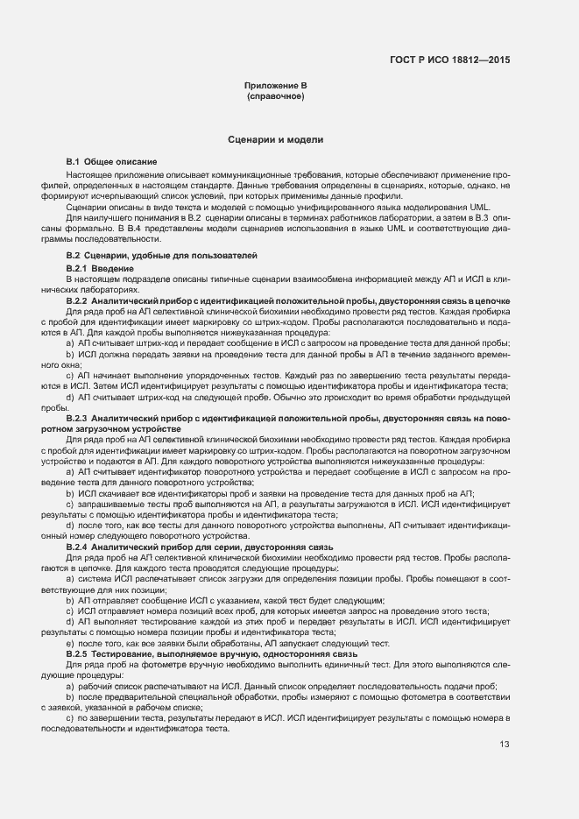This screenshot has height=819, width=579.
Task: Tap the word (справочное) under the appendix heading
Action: (276, 95)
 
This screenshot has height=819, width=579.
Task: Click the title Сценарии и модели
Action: (276, 139)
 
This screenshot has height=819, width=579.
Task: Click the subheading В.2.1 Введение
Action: (99, 267)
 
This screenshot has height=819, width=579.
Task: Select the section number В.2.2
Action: (77, 300)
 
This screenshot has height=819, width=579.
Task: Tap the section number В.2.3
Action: (77, 419)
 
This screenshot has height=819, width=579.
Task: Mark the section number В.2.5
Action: (77, 653)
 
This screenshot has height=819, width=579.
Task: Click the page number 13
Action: (505, 720)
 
